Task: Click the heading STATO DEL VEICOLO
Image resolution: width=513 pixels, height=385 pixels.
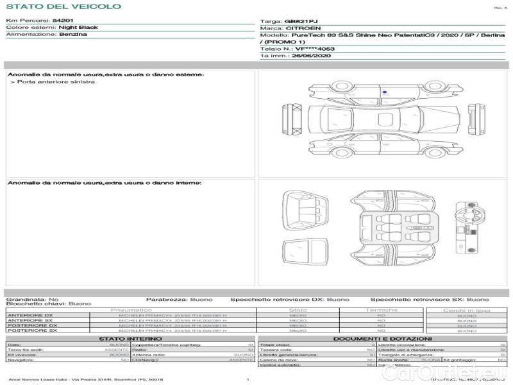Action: coord(63,6)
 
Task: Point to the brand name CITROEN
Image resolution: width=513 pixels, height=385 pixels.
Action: coord(299,28)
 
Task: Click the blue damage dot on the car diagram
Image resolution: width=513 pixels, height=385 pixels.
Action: coord(384,92)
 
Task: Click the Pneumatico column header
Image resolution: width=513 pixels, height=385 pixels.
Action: coord(131,310)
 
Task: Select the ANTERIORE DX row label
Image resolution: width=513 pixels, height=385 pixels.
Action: coord(30,315)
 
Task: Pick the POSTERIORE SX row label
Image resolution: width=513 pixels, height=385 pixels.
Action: coord(31,330)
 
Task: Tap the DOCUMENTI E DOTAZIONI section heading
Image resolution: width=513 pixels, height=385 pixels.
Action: coord(382,338)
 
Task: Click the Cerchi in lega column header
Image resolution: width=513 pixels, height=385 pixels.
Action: coord(466,310)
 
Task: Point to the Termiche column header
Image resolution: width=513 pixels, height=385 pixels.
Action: coord(382,310)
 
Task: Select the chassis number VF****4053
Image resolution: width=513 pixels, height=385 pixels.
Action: coord(314,49)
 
